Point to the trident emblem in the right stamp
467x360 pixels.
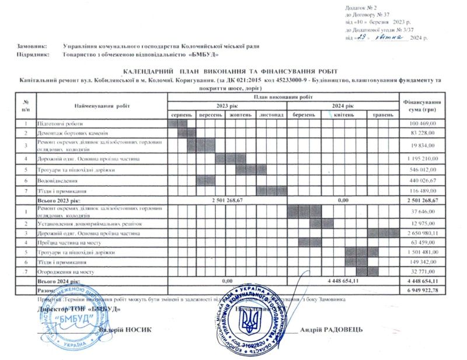click(252, 320)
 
